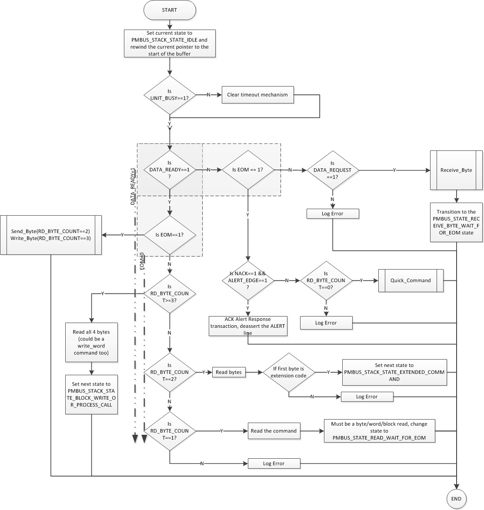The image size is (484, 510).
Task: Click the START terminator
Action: click(x=169, y=10)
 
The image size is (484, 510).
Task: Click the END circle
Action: click(x=456, y=498)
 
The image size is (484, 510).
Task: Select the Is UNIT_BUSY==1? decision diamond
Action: click(x=169, y=95)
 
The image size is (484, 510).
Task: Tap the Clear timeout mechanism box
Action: click(x=257, y=95)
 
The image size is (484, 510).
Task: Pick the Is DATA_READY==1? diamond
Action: click(x=169, y=170)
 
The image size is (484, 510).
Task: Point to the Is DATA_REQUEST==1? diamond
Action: click(x=332, y=170)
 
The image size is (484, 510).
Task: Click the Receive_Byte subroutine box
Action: click(x=456, y=170)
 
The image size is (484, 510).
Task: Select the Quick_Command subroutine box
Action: click(x=411, y=280)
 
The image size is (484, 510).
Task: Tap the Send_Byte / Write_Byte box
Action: click(x=50, y=235)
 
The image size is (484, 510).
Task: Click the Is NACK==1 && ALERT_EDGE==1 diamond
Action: click(x=248, y=280)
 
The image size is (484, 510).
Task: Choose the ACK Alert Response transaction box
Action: click(x=248, y=326)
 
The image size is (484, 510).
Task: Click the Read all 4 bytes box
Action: click(x=91, y=342)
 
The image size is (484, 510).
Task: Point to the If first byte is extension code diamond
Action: click(x=289, y=372)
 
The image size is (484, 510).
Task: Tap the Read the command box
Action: click(x=274, y=431)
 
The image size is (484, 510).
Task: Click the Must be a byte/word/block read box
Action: click(x=379, y=431)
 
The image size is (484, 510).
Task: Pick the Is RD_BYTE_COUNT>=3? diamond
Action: click(x=169, y=293)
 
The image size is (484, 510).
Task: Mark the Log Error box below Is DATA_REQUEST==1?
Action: click(x=332, y=213)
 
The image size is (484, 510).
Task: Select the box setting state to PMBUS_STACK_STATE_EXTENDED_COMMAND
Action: click(x=394, y=372)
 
